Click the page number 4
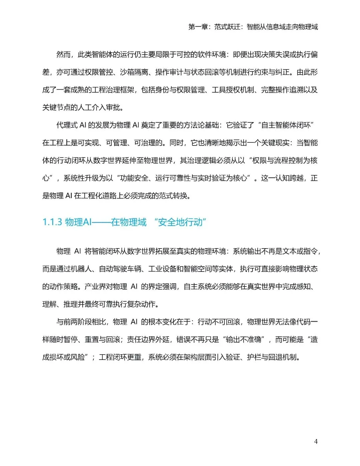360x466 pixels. [x=316, y=441]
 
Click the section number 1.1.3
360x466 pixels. [x=52, y=222]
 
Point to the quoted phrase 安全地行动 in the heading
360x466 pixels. [x=180, y=222]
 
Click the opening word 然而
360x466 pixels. [x=63, y=54]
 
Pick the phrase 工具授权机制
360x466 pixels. [x=233, y=90]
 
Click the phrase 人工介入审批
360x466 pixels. [x=98, y=107]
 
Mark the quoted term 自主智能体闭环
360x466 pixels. [x=286, y=125]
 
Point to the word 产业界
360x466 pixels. [x=95, y=287]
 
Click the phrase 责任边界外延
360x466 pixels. [x=148, y=340]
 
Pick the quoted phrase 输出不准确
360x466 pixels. [x=243, y=340]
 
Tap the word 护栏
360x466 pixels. [x=254, y=357]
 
